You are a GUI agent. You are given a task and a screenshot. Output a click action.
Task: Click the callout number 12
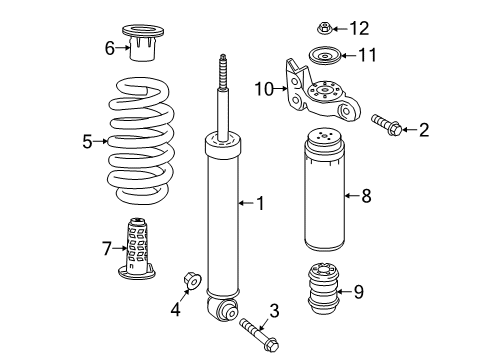pos(359,28)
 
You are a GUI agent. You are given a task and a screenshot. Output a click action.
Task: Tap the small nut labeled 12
pos(324,28)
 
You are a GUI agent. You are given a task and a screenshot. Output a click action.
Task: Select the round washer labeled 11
pos(324,56)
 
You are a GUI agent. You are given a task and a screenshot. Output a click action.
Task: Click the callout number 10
pos(264,89)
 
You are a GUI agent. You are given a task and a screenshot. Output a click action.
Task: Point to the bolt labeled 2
pos(387,125)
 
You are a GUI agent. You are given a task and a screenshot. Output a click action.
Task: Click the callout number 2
pos(424,130)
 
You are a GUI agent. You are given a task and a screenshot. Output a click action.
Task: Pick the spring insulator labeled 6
pos(143,43)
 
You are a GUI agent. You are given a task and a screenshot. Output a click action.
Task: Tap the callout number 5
pos(87,142)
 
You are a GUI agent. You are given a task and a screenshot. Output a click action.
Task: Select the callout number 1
pos(261,203)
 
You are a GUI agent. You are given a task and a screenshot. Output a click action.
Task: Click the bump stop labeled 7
pos(137,248)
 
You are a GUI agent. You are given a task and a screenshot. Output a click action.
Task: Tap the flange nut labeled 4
pos(192,281)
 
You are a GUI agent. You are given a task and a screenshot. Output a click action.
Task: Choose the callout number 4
pos(176,309)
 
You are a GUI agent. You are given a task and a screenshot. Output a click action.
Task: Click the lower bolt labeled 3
pos(259,334)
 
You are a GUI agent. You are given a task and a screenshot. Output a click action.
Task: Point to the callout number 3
pos(274,311)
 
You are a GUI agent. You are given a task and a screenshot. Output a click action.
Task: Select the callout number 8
pos(366,196)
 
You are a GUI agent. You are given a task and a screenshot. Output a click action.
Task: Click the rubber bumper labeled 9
pos(323,289)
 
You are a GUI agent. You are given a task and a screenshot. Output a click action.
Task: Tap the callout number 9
pos(359,292)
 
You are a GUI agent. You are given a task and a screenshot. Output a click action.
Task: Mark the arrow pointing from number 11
pos(349,55)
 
